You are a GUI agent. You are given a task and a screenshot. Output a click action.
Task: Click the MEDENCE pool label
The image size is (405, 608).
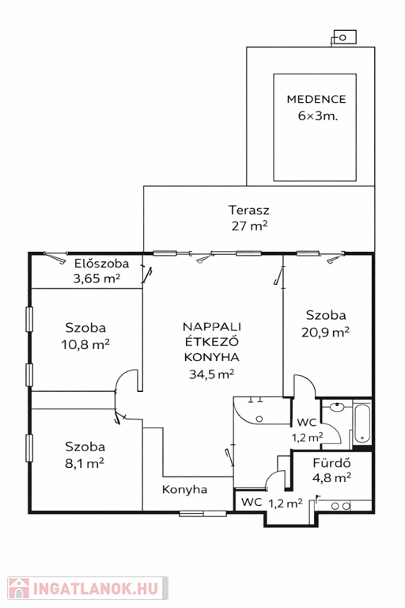tap(316, 99)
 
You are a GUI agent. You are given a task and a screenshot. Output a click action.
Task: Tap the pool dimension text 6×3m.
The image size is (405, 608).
tap(318, 116)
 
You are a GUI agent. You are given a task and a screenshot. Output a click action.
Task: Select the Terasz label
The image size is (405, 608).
tap(249, 210)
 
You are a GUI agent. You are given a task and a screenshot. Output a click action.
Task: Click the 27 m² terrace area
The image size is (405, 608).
tap(250, 226)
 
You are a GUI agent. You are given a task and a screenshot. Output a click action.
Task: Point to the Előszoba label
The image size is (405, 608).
tap(101, 264)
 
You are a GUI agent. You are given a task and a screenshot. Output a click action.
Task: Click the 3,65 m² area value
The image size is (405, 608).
tap(97, 279)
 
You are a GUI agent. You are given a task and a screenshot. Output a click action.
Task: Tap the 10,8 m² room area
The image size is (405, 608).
tap(85, 344)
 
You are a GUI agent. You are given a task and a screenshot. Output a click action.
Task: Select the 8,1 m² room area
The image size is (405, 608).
tap(85, 463)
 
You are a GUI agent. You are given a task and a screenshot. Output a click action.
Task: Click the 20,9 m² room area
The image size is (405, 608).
tap(326, 332)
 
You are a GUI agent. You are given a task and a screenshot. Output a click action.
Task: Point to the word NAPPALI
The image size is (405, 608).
tap(212, 327)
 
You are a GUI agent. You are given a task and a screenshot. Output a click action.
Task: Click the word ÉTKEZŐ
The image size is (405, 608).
tap(212, 342)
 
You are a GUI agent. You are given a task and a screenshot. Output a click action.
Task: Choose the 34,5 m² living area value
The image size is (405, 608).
tap(212, 374)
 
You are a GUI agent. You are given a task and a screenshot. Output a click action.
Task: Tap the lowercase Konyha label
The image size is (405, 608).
tap(184, 489)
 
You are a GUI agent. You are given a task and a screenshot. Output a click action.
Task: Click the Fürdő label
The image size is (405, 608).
tap(331, 463)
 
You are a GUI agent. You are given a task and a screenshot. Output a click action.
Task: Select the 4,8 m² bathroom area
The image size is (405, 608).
tap(331, 477)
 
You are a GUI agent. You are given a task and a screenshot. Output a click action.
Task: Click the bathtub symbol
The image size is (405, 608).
tap(362, 424)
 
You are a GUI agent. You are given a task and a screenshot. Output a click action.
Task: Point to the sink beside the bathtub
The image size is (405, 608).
tap(337, 406)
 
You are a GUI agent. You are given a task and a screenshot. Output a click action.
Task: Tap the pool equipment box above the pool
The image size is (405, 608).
tap(345, 37)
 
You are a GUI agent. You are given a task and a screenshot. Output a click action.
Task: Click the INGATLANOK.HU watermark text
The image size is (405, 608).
tap(96, 589)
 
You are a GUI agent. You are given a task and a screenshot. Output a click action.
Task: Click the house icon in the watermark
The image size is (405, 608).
tap(19, 588)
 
